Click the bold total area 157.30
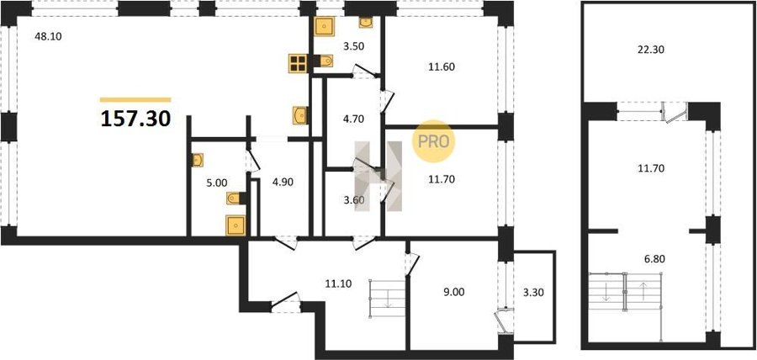pyautogui.click(x=135, y=119)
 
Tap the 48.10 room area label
pyautogui.click(x=48, y=35)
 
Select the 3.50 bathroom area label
pyautogui.click(x=353, y=47)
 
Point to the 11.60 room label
pyautogui.click(x=440, y=66)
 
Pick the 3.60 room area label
pyautogui.click(x=353, y=199)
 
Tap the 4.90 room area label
pyautogui.click(x=283, y=182)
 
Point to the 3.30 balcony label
pyautogui.click(x=533, y=292)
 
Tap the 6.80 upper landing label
pyautogui.click(x=654, y=259)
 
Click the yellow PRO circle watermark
pyautogui.click(x=433, y=141)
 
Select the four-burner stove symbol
pyautogui.click(x=298, y=63)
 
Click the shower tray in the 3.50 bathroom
pyautogui.click(x=325, y=25)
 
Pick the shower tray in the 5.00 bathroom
pyautogui.click(x=236, y=225)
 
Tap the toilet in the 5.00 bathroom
pyautogui.click(x=235, y=198)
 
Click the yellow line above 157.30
pyautogui.click(x=135, y=100)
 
